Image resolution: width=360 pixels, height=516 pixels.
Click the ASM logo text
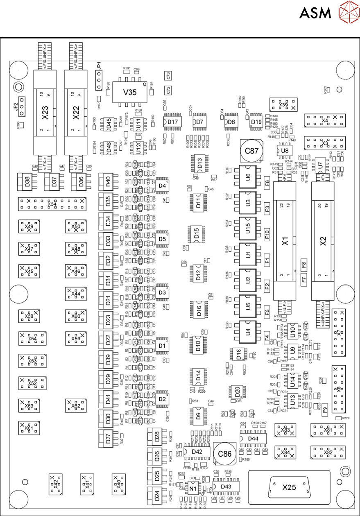point(315,13)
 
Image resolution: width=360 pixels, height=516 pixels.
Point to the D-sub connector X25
point(288,487)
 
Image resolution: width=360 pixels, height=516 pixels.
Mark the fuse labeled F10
point(267,234)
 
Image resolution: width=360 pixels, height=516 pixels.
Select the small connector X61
point(27,428)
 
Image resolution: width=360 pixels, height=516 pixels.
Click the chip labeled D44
point(253,439)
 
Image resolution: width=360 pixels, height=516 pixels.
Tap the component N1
point(191,488)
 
